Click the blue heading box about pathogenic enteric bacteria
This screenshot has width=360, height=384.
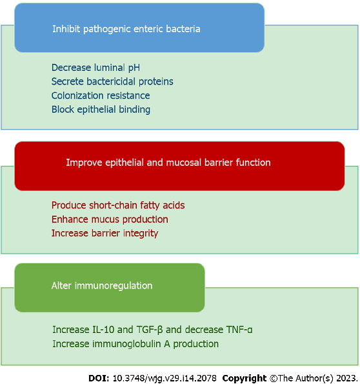coord(139,28)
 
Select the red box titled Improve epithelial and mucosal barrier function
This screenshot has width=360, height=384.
coord(179,165)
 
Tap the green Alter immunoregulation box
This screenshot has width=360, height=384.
coord(109,287)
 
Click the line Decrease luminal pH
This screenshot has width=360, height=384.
coord(95,67)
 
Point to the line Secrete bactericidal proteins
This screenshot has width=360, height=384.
coord(112,81)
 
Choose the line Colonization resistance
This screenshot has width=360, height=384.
coord(101,96)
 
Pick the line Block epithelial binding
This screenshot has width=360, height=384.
coord(101,110)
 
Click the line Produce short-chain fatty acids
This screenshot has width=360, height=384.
coord(118,205)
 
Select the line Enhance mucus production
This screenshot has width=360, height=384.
coord(110,219)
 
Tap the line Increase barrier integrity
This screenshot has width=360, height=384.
coord(105,233)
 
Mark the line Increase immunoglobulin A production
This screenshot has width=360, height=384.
coord(135,344)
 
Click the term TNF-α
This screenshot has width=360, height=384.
coord(237,330)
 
